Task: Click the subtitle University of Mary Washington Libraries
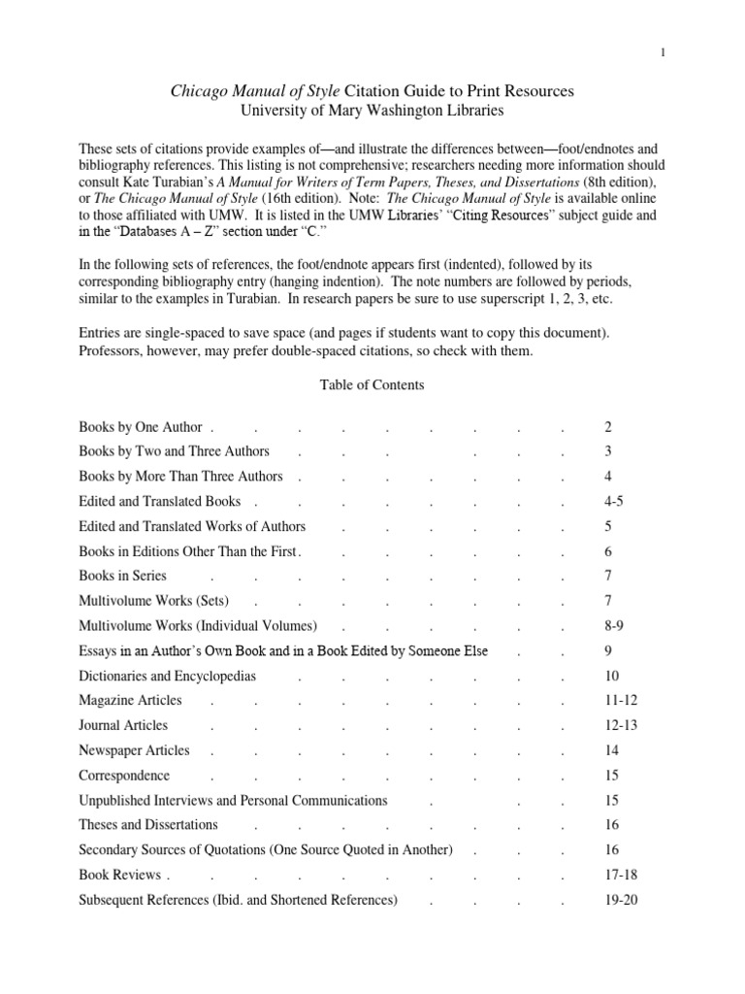372,111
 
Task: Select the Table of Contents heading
372,385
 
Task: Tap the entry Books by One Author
141,427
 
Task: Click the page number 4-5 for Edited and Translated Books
613,502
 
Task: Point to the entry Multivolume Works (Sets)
154,601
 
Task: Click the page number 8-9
613,626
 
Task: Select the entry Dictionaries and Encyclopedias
167,676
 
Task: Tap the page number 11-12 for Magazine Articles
620,701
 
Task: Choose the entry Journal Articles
123,725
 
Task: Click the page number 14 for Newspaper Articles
609,750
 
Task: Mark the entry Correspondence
124,776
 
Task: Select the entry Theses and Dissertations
148,825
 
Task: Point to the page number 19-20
620,900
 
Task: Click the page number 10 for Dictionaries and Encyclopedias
609,676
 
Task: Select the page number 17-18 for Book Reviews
620,875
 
